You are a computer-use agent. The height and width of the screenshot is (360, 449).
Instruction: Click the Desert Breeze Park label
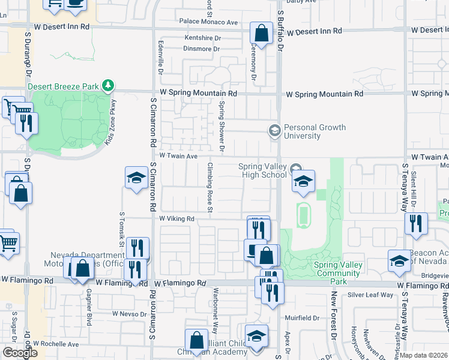tap(63, 86)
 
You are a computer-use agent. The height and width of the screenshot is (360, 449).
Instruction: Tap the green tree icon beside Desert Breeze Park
tap(108, 86)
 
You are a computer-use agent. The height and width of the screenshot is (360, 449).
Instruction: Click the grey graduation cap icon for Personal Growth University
tap(274, 130)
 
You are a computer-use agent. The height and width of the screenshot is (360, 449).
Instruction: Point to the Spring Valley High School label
tap(262, 170)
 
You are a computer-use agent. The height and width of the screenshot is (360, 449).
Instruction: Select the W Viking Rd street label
tap(177, 219)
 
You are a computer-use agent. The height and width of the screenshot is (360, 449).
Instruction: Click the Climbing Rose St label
tap(210, 187)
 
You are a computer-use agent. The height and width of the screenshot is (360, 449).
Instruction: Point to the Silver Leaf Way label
tap(370, 295)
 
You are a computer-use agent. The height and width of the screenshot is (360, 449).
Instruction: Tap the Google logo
tap(20, 353)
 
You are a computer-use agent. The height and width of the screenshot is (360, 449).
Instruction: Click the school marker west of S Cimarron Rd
tap(137, 178)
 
